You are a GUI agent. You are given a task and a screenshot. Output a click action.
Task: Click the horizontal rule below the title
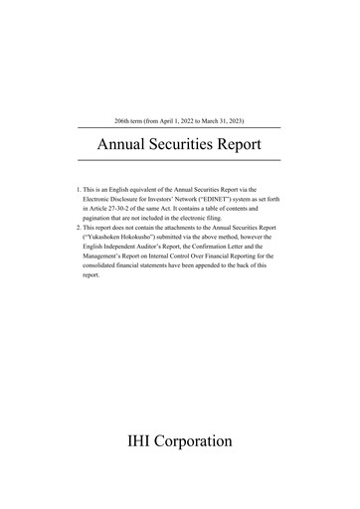click(x=179, y=160)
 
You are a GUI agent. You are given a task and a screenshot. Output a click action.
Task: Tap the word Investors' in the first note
click(x=164, y=198)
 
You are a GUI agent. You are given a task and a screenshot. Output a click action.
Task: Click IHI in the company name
click(x=144, y=439)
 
